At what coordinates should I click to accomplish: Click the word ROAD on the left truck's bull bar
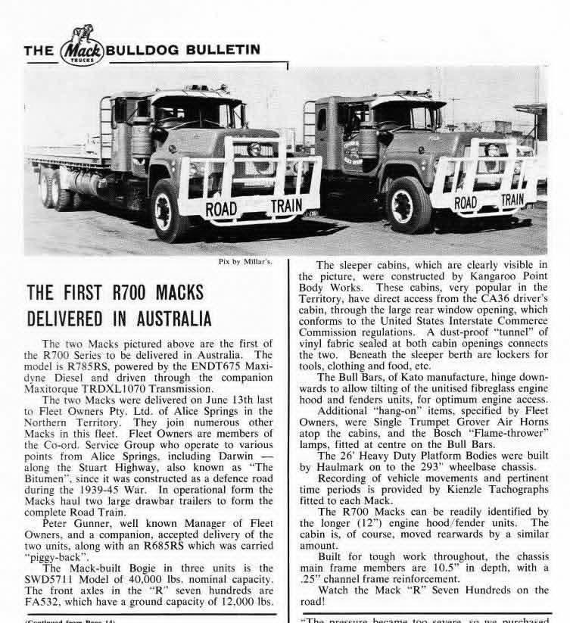point(222,208)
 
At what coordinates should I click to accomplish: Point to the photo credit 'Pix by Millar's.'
point(243,263)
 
